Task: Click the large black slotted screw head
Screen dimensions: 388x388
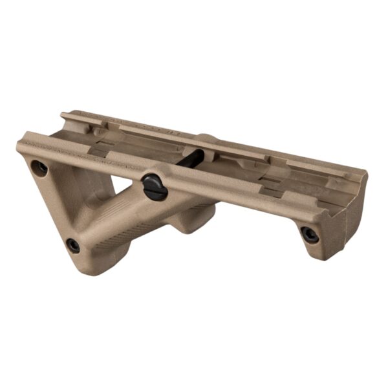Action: (155, 186)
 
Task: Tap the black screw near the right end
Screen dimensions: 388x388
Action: (310, 234)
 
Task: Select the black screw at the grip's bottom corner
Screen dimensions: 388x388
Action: (73, 246)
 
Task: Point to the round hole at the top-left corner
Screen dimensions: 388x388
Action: (39, 167)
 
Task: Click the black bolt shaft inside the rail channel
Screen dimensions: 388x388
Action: (193, 158)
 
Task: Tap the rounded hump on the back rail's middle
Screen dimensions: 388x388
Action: (207, 138)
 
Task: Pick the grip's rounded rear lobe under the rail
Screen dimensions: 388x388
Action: (191, 223)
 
